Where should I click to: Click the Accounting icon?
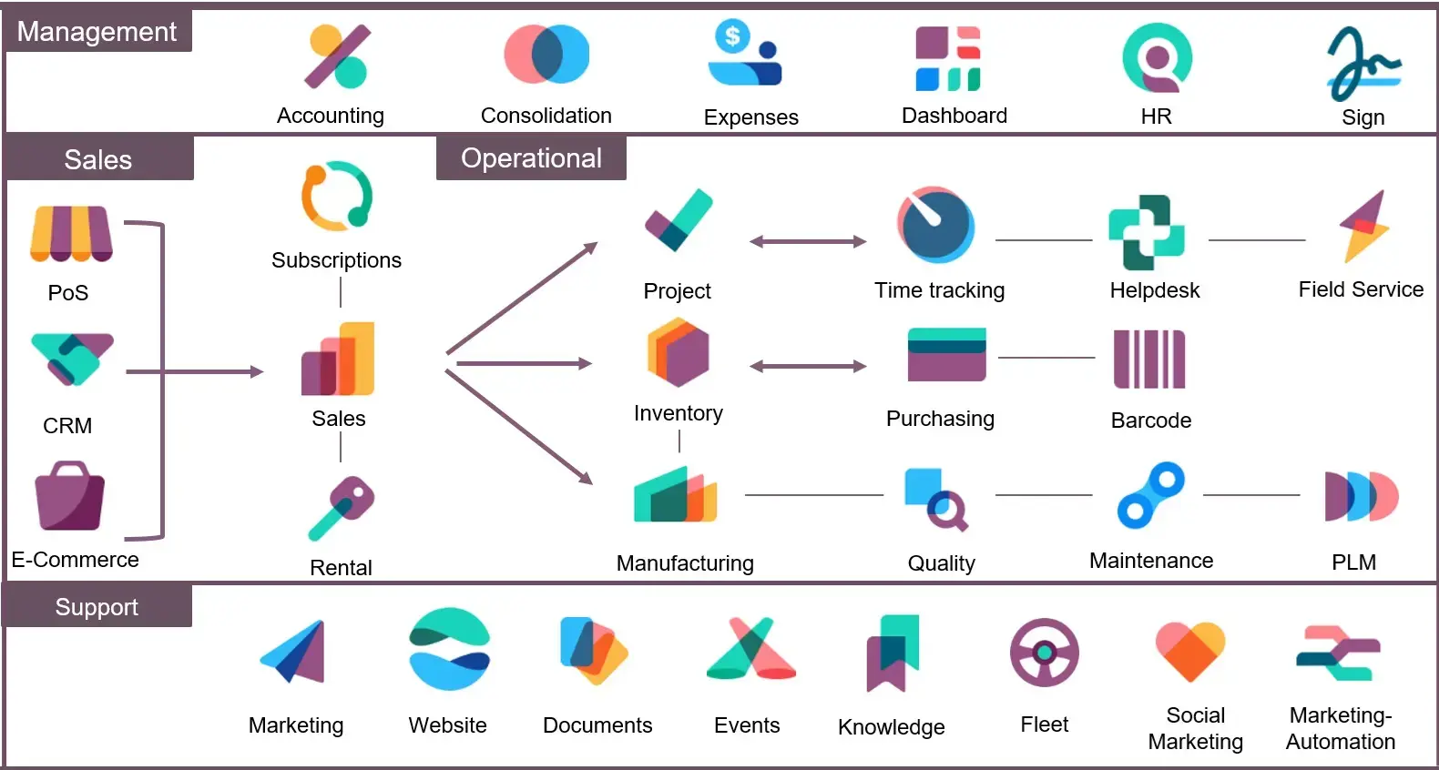pos(336,56)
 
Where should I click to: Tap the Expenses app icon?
pos(745,55)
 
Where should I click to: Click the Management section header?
pos(97,32)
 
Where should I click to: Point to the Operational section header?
pos(531,158)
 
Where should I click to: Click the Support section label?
pos(97,607)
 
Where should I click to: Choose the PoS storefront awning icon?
pos(71,234)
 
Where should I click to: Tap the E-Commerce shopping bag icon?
pos(69,497)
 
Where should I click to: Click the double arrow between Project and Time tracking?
pos(807,241)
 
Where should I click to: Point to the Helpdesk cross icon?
pos(1146,232)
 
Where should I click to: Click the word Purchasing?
pos(940,419)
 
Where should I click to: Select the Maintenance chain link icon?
pos(1150,496)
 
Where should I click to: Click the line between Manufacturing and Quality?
pos(813,495)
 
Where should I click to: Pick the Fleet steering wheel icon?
pos(1044,653)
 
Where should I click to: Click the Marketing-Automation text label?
pos(1340,728)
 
